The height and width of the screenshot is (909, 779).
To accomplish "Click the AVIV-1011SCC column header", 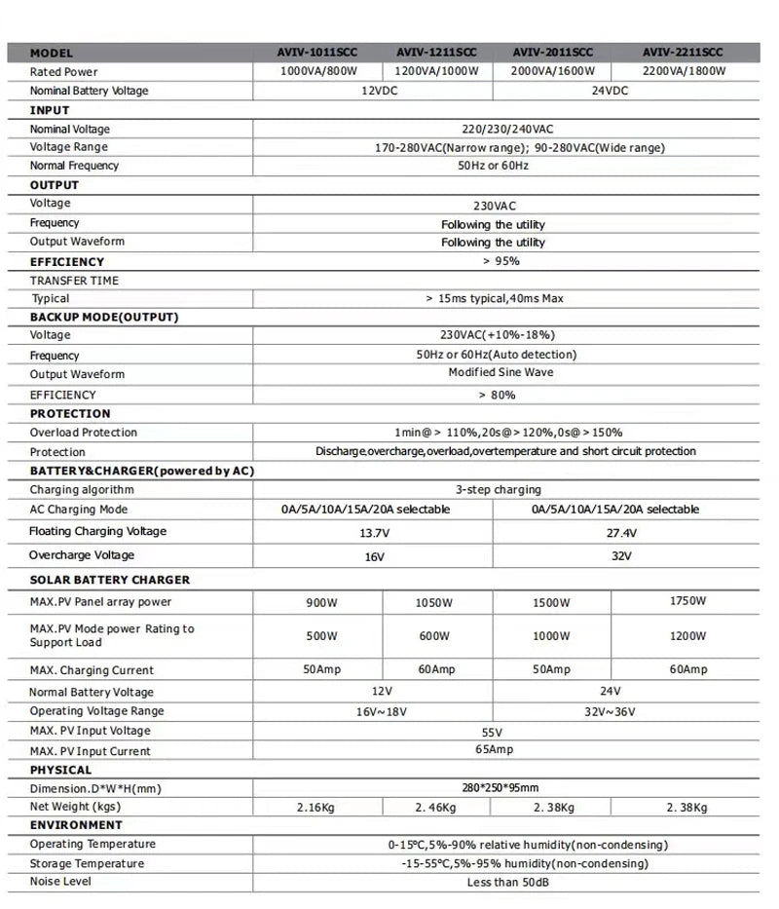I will pos(317,53).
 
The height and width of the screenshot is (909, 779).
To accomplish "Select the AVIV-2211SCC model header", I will pos(682,53).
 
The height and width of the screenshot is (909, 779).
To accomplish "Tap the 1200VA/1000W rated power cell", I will pos(436,72).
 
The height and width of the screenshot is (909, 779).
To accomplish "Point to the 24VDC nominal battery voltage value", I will pos(610,91).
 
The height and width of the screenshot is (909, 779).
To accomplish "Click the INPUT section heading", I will pos(50,110).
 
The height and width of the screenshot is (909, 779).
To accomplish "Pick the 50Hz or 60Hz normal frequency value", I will pos(493,166).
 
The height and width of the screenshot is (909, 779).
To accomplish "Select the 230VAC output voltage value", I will pos(493,206).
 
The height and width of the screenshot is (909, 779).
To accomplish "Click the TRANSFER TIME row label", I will pos(74,281).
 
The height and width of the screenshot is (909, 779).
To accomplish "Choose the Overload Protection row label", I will pos(84,433).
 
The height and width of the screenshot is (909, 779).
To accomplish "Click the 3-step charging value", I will pos(498,490).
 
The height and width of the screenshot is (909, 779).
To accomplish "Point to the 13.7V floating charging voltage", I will pos(374,534).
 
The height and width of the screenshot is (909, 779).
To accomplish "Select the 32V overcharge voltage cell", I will pos(621,556).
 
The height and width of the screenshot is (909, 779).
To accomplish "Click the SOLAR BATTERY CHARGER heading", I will pos(110,580).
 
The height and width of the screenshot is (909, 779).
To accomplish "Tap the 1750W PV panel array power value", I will pos(686,601).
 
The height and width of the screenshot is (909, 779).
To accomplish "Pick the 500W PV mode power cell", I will pos(320,636).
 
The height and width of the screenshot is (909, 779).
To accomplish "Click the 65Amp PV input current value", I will pos(493,750).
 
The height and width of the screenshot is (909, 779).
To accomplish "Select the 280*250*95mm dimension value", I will pos(500,788).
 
